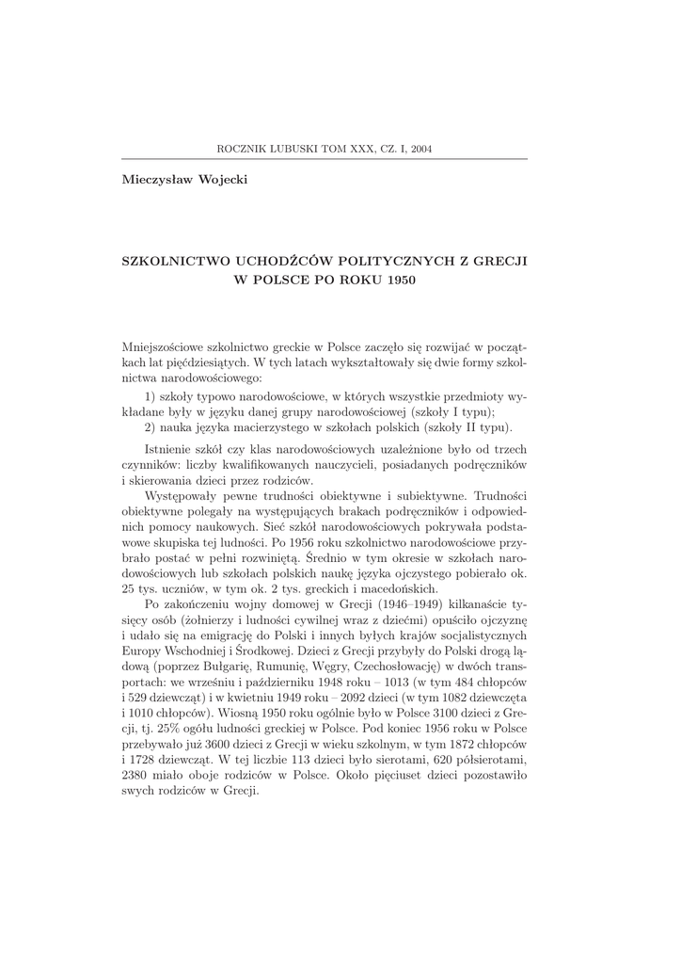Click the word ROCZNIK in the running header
click(242, 148)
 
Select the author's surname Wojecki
click(221, 179)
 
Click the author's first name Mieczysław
click(156, 179)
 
